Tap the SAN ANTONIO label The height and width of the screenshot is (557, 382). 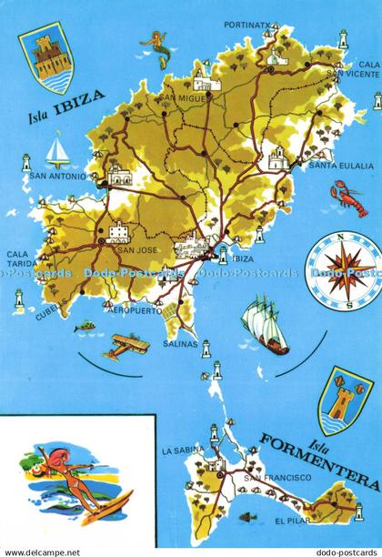point(57,176)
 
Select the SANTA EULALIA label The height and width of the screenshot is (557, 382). point(341,167)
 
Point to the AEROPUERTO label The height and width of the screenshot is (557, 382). point(133,310)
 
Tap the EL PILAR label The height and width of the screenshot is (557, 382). point(290,522)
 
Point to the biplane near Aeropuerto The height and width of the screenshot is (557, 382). point(126,343)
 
